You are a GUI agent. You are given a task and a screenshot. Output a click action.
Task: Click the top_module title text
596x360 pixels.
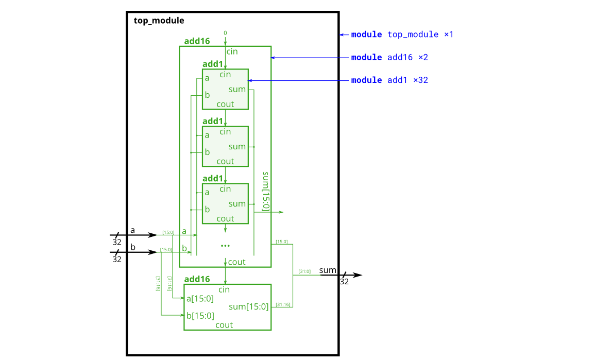[x=159, y=21]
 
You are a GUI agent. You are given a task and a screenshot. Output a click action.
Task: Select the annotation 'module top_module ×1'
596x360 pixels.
[x=402, y=35]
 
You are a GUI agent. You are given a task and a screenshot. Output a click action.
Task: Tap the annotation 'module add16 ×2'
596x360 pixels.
[x=389, y=57]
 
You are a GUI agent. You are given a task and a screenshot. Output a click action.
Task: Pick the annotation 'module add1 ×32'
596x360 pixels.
[x=389, y=80]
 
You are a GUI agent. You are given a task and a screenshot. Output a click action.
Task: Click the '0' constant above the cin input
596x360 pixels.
[x=225, y=33]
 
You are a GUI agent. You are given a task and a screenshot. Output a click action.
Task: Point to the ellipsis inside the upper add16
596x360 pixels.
[x=225, y=246]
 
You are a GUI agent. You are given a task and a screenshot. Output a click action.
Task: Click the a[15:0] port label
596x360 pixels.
[x=200, y=298]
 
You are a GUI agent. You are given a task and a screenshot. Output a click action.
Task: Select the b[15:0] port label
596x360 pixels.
[x=200, y=316]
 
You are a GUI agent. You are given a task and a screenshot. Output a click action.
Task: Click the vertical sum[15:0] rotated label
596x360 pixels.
[x=265, y=192]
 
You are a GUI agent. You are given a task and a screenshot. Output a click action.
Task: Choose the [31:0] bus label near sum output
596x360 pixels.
[x=304, y=271]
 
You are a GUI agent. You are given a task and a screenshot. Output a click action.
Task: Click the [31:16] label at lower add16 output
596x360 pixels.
[x=283, y=304]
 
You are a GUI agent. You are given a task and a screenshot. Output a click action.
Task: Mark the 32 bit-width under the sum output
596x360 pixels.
[x=344, y=282]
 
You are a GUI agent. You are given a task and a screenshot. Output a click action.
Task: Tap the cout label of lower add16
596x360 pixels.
[x=224, y=325]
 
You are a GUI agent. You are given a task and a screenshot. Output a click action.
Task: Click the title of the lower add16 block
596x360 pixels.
[x=197, y=279]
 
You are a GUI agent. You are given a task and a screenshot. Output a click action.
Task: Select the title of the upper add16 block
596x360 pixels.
[x=197, y=41]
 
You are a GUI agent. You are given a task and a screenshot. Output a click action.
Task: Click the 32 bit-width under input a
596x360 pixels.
[x=117, y=242]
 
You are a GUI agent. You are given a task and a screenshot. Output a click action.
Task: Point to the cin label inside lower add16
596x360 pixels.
[x=224, y=289]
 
